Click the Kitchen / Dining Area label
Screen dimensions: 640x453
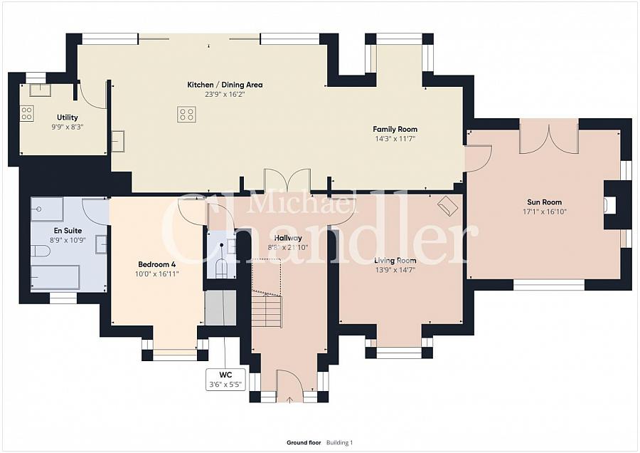coord(225,85)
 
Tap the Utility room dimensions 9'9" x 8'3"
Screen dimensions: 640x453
coord(68,127)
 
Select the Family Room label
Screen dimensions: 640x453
coord(395,129)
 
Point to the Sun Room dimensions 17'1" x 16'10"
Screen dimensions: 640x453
coord(545,212)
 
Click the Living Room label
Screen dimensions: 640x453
coord(395,261)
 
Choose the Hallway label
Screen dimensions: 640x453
coord(288,238)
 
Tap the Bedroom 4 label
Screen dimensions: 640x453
coord(156,264)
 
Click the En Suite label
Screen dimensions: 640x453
coord(68,231)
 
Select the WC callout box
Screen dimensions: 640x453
coord(225,380)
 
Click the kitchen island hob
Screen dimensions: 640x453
coord(186,114)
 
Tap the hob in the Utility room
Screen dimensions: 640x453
coord(27,114)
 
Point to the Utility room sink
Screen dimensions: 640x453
coord(40,90)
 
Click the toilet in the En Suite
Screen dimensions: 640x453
coord(41,251)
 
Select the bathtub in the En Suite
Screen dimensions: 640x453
coord(55,278)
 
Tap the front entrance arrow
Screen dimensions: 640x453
coord(290,400)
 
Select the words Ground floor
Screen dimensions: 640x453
coord(304,442)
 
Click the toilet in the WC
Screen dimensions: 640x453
coord(222,268)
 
